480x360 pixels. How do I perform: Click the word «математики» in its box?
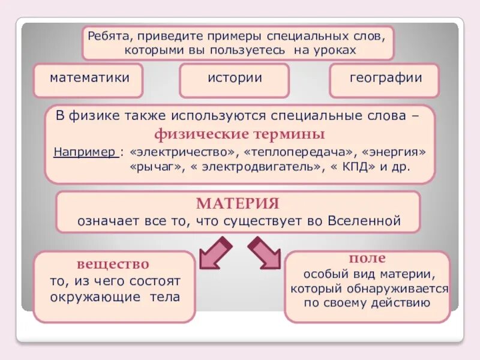point(89,78)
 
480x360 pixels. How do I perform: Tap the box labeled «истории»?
point(235,78)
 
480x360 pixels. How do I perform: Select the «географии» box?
point(385,78)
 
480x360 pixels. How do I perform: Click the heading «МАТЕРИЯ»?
point(238,203)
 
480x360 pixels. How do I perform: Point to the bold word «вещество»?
point(113,264)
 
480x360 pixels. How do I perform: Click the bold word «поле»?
point(367,258)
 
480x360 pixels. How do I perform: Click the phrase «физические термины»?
point(240,133)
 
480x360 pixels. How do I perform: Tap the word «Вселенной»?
point(364,220)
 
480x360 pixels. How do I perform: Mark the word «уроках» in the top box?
point(334,50)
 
